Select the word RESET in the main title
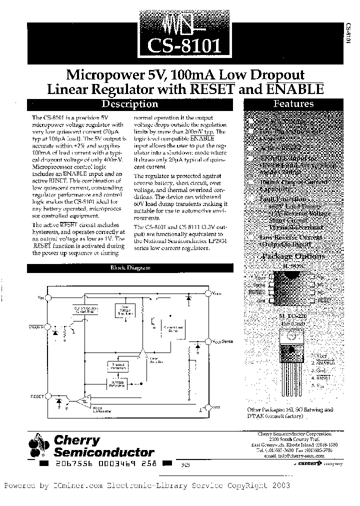tap(212, 89)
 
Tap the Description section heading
tap(129, 104)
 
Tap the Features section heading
tap(293, 104)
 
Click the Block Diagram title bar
tap(130, 268)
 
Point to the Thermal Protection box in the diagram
tap(117, 367)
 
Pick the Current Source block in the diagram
tap(85, 309)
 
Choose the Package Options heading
tap(293, 256)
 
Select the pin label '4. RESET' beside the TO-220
tap(320, 379)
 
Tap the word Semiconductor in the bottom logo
tap(103, 452)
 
